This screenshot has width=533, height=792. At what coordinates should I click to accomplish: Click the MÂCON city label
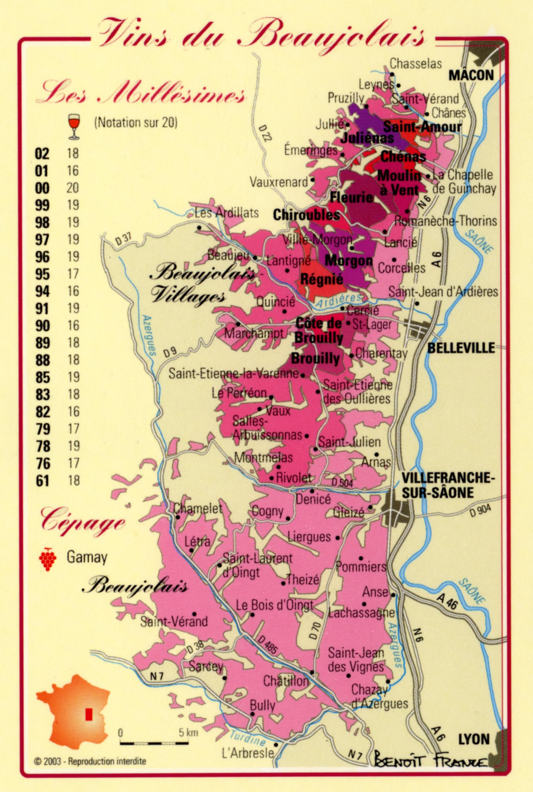click(471, 75)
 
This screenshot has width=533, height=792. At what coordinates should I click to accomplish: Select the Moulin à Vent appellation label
click(399, 183)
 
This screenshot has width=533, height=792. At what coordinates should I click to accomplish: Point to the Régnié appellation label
click(322, 279)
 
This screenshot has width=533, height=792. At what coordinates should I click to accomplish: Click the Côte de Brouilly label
click(319, 330)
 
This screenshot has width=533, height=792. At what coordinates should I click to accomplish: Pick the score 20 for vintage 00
click(73, 188)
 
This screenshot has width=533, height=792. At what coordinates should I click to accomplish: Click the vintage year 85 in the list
click(43, 377)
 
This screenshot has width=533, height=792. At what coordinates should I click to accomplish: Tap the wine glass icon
click(74, 127)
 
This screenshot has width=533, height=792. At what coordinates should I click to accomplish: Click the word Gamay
click(87, 557)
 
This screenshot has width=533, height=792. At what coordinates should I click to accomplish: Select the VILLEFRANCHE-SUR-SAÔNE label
click(447, 485)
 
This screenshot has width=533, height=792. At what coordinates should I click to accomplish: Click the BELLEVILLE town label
click(461, 348)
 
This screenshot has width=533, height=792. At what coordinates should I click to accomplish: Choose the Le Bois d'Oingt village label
click(274, 605)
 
